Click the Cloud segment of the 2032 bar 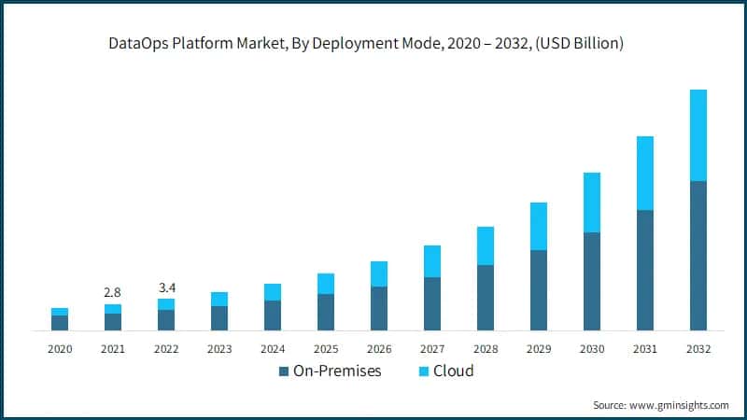coord(698,135)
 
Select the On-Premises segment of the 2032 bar coord(698,256)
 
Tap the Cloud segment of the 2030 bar coord(591,203)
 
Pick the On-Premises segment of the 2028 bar coord(485,298)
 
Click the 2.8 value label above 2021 coord(113,292)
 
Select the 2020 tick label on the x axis coord(60,349)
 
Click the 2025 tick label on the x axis coord(326,349)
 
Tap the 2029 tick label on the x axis coord(538,349)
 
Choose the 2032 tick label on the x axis coord(698,349)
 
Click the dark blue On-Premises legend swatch coord(284,371)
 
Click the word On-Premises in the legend coord(337,371)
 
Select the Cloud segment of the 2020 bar coord(60,312)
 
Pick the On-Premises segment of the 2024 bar coord(273,315)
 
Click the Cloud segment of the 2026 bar coord(378,273)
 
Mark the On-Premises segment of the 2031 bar coord(644,271)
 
